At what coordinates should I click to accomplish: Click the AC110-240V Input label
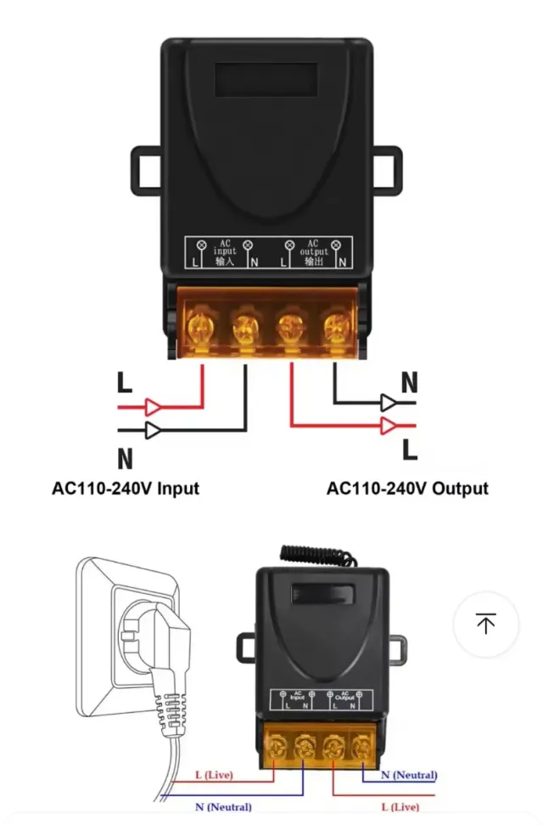coord(126,489)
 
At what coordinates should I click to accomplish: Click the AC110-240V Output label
coord(407,489)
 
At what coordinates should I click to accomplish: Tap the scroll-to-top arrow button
coord(485,624)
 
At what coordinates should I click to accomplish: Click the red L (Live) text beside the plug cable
coord(214,776)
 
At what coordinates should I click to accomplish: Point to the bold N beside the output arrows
coord(410,383)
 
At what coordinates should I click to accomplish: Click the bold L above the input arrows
coord(125,383)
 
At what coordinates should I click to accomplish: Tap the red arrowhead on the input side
coord(153,406)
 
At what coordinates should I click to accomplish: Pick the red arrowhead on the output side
coord(389,424)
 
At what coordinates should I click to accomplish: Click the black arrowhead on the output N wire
coord(389,402)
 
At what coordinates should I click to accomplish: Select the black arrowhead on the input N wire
coord(153,430)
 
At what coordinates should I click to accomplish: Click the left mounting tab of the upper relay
coord(145,170)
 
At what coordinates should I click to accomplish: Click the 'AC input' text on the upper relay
coord(226,252)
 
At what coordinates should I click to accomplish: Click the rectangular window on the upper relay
coord(266,80)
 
